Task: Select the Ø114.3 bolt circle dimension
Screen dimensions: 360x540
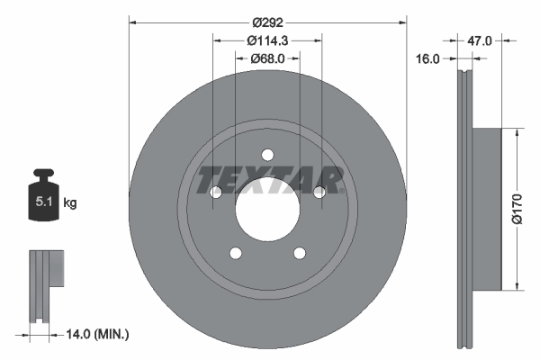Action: pos(267,40)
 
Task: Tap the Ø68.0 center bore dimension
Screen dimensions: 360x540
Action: pos(267,58)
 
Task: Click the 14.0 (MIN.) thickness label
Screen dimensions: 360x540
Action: pos(97,335)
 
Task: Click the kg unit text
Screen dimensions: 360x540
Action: pos(70,203)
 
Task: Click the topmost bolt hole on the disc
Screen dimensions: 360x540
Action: pos(267,154)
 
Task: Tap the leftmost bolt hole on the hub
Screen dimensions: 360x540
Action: pos(215,193)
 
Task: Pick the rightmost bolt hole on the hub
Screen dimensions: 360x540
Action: pos(319,193)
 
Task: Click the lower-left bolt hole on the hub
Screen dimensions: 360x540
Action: pos(235,253)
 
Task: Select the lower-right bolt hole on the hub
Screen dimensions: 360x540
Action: pos(300,253)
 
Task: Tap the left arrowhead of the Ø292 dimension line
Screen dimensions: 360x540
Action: pos(133,21)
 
